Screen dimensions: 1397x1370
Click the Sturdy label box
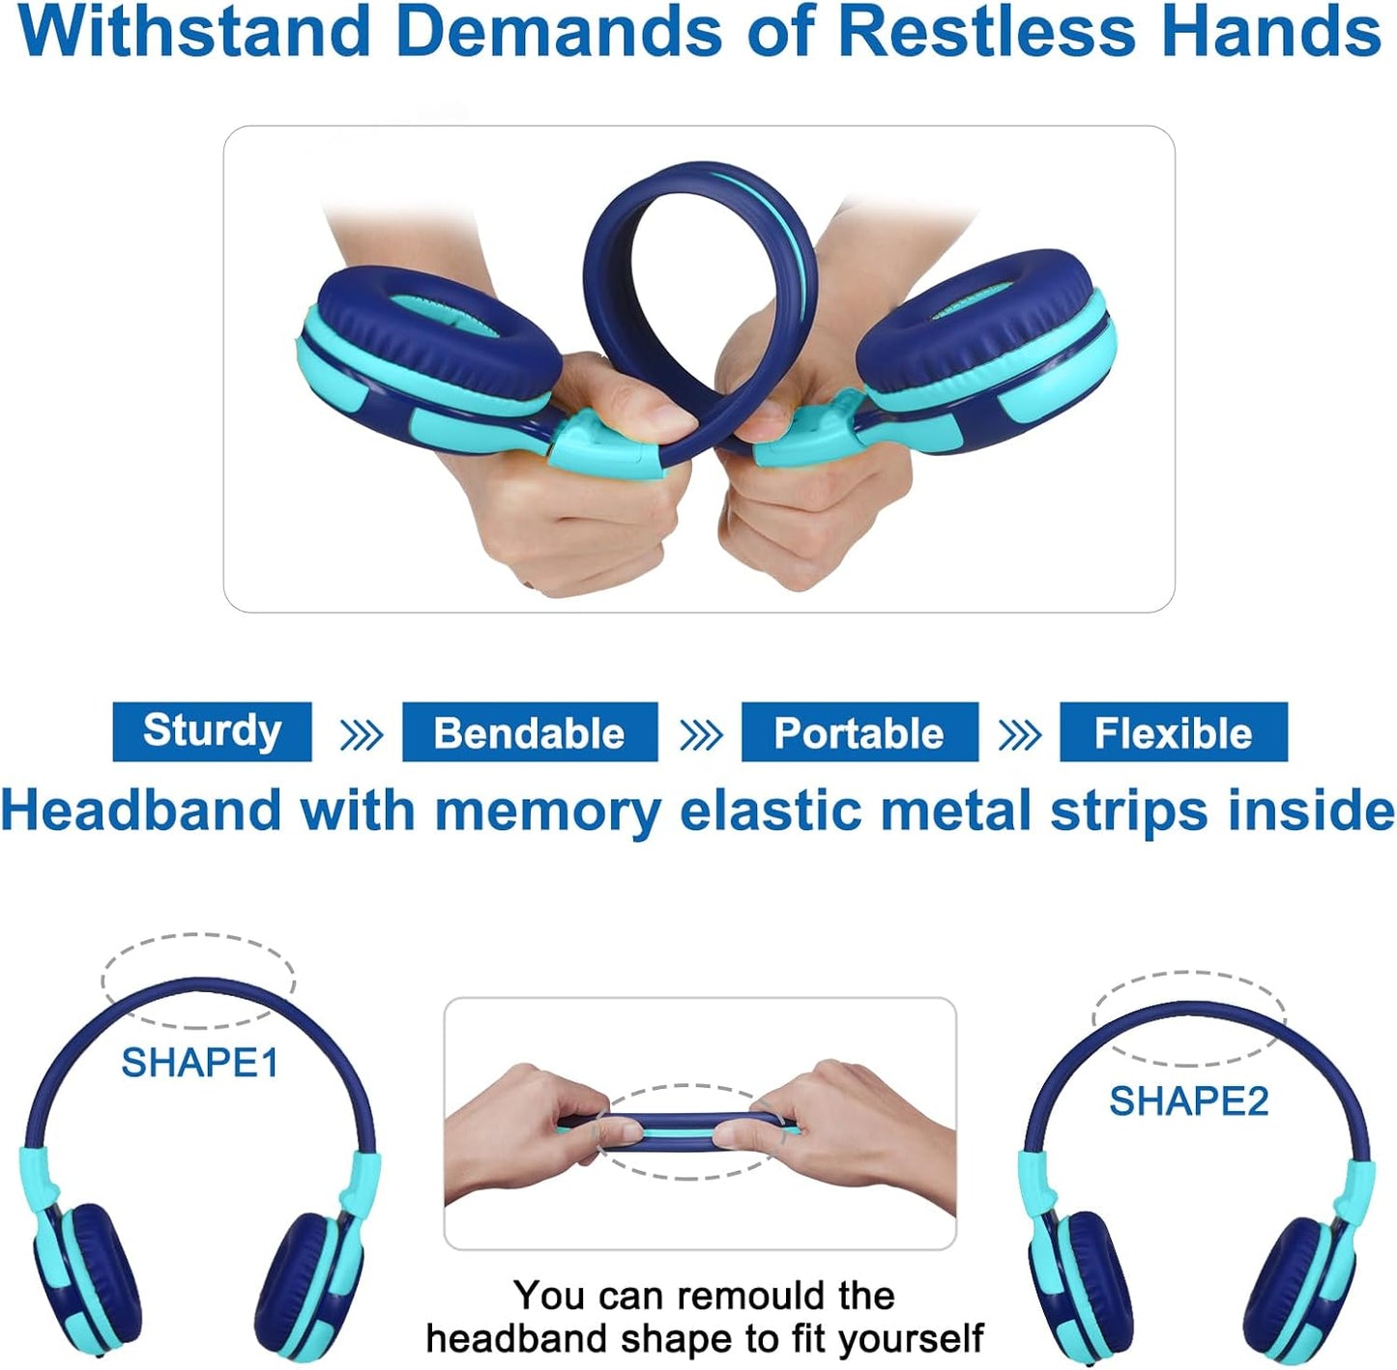coord(212,731)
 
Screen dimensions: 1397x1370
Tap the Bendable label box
coord(530,731)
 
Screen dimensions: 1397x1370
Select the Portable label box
coord(859,731)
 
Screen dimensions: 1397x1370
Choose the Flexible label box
coord(1174,731)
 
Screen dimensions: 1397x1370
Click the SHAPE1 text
coord(200,1063)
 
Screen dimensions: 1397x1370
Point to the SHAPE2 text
coord(1189,1101)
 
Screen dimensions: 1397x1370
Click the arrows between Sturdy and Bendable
coord(362,735)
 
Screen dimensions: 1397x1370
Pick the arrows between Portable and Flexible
coord(1020,735)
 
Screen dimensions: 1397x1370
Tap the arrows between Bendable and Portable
coord(701,735)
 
